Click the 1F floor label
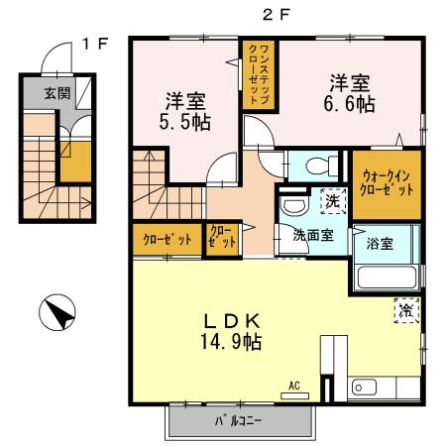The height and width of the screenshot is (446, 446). point(95,43)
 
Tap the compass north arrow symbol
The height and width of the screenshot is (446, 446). point(57,315)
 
